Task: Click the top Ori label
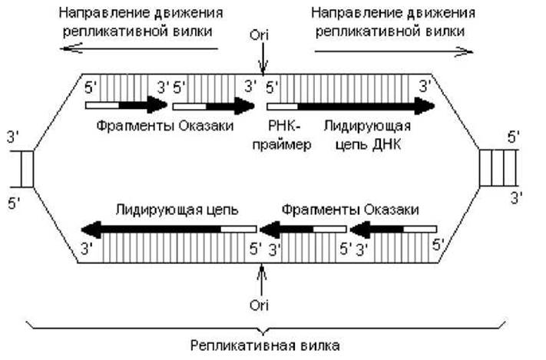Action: click(259, 35)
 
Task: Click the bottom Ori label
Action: click(259, 306)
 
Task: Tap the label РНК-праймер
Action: click(282, 135)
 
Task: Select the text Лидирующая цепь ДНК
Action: click(368, 135)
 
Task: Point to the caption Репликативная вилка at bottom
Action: click(265, 345)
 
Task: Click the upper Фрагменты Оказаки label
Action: click(164, 126)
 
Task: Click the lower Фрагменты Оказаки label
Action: click(350, 210)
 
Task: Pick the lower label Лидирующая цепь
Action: click(177, 210)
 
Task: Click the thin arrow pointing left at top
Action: click(139, 48)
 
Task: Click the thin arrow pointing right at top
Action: click(394, 51)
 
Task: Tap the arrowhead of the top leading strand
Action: click(425, 106)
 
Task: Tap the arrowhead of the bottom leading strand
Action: click(91, 230)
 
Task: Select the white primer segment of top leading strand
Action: click(283, 106)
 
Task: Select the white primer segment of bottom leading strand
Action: click(239, 229)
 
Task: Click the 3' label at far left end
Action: click(13, 137)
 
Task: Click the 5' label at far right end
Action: click(514, 137)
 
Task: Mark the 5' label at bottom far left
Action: click(14, 203)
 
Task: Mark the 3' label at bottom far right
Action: click(516, 199)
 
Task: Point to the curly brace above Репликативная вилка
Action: click(266, 328)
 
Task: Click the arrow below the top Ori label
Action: click(263, 58)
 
